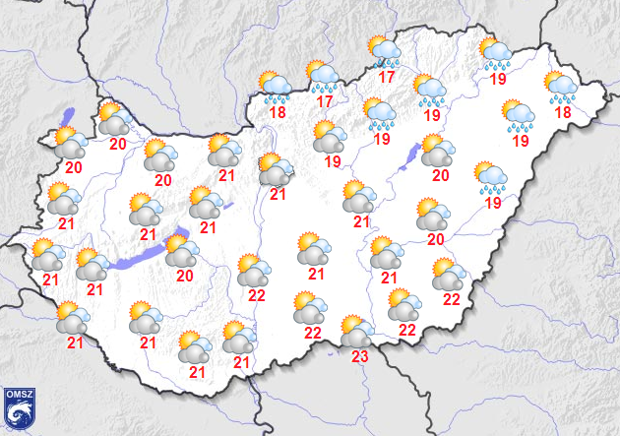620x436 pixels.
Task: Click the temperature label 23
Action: pos(359,356)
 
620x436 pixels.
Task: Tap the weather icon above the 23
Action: pos(356,332)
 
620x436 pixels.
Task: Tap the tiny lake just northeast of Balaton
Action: pos(226,207)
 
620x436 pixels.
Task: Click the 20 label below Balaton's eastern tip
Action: pos(184,276)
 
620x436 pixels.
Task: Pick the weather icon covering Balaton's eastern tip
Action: pos(182,250)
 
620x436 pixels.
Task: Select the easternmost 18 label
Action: pos(563,113)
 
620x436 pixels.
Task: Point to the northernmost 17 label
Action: pos(386,77)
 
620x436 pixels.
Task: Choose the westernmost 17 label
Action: pos(324,100)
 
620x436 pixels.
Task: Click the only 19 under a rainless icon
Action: pos(332,160)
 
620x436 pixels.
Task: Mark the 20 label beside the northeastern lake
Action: pos(440,175)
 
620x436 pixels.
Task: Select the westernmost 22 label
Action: pos(257,295)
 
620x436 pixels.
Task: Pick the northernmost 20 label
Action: pos(118,145)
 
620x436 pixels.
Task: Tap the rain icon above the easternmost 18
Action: pos(560,88)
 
